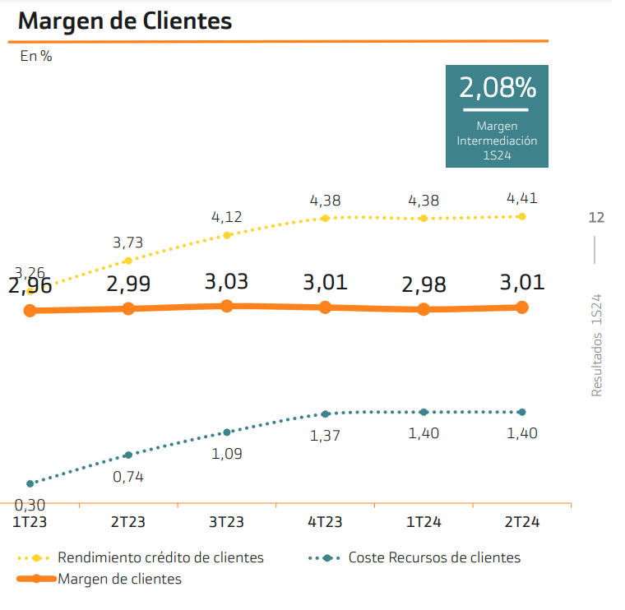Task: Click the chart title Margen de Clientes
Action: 125,21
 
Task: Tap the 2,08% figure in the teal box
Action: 497,88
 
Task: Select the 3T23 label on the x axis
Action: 226,522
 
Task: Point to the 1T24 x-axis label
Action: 424,522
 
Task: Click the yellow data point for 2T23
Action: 128,261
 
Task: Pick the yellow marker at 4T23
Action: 326,218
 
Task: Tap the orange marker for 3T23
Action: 227,306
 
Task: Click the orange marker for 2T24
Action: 521,307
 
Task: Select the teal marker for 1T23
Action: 30,483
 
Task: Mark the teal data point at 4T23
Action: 326,414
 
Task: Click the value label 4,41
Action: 522,198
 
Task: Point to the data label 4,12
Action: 226,218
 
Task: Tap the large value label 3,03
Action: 226,282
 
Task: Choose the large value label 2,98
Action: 424,285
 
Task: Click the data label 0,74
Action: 128,476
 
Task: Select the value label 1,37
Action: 326,436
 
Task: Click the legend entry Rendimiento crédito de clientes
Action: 160,557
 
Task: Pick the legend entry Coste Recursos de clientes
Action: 434,557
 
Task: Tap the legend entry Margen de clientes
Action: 119,579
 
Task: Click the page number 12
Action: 596,218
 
